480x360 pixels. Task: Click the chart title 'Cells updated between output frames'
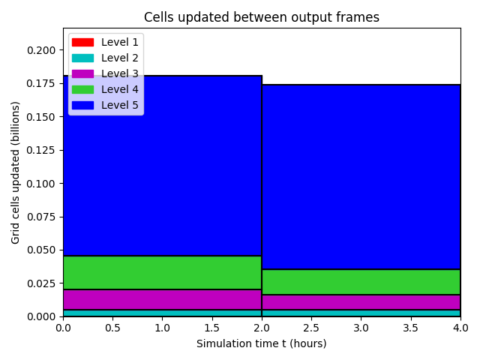(262, 17)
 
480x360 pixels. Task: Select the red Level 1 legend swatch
(82, 42)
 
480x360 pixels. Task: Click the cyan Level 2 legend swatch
(82, 58)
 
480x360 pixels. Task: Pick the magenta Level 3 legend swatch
(82, 73)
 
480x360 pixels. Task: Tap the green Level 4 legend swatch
(82, 90)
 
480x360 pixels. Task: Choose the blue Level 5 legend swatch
(82, 105)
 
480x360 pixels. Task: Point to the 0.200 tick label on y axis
(41, 50)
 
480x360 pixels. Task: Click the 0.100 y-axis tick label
(41, 184)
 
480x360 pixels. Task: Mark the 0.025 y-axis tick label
(41, 283)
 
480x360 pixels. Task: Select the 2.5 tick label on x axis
(311, 328)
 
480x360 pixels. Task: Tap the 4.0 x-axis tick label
(460, 328)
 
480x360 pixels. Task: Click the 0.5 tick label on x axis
(112, 328)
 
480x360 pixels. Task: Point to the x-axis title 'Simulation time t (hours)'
(262, 343)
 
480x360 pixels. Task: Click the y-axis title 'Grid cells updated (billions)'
(15, 172)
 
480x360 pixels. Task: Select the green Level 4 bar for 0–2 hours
(162, 272)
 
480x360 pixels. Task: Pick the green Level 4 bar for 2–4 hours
(361, 282)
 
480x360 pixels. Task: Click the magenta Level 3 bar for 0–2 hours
(162, 300)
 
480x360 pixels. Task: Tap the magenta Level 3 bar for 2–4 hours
(361, 302)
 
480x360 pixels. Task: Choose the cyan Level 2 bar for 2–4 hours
(361, 313)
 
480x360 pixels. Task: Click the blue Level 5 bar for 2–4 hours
(361, 177)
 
